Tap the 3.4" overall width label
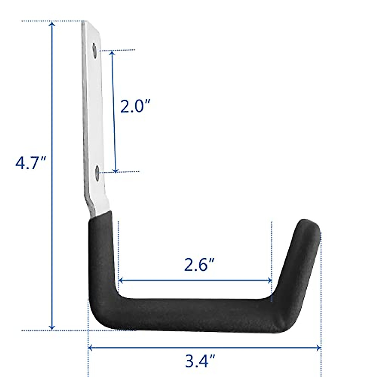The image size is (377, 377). (x=200, y=362)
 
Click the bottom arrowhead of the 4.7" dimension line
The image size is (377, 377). (x=52, y=327)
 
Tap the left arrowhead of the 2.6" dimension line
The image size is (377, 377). (x=121, y=280)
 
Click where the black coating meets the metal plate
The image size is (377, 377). (x=101, y=216)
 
